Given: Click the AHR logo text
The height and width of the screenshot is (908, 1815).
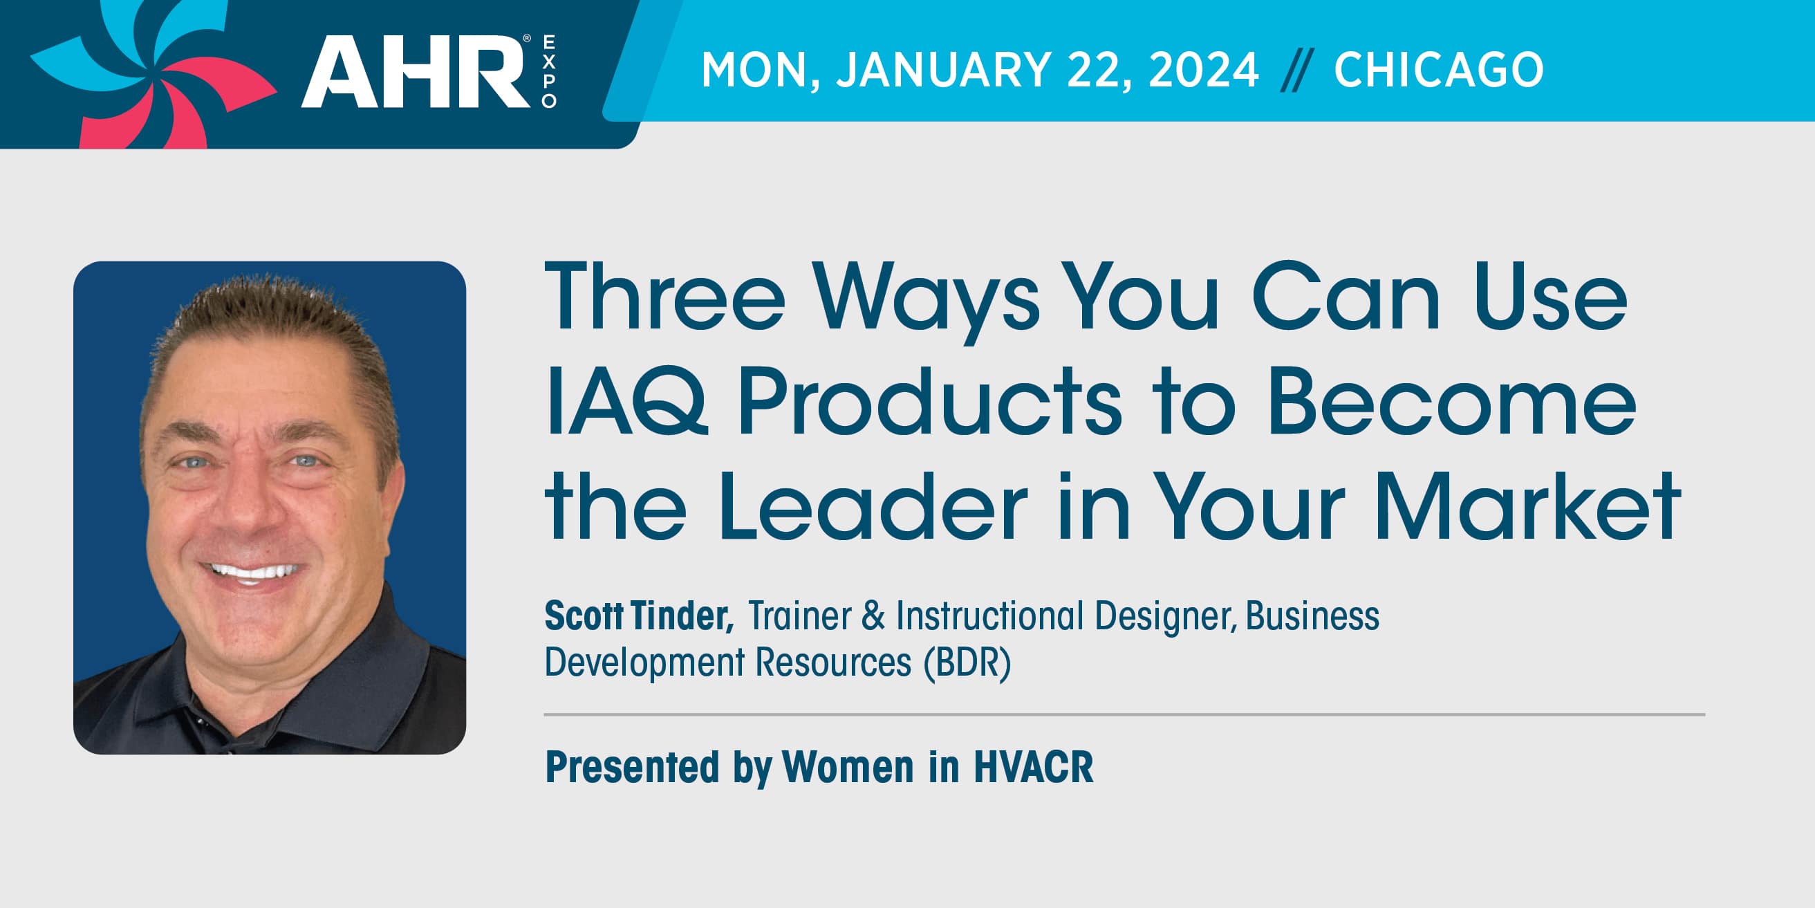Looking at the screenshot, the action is tap(416, 71).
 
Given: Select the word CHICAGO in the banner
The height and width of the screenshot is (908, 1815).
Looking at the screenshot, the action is tap(1439, 70).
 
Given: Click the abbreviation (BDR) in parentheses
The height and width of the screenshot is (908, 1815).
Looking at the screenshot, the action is tap(967, 663).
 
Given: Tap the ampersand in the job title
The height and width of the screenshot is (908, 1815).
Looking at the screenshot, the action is tap(873, 615).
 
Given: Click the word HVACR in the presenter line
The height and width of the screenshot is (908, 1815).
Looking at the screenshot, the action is tap(1034, 767).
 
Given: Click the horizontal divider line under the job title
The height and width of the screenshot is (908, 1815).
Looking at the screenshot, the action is tap(1124, 714).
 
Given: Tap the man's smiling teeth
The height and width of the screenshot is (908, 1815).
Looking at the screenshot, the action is tap(254, 571).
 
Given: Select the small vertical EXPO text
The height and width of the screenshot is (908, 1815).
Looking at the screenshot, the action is tap(549, 71).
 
